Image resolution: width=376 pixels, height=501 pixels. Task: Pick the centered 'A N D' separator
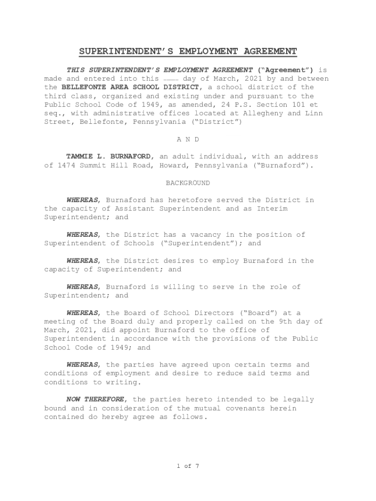coord(188,139)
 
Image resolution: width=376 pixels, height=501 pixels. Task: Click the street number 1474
coord(66,165)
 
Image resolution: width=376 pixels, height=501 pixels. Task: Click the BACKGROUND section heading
coord(188,183)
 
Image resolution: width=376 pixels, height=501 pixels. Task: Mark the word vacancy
coord(203,235)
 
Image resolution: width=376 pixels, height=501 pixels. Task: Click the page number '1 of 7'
coord(188,466)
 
